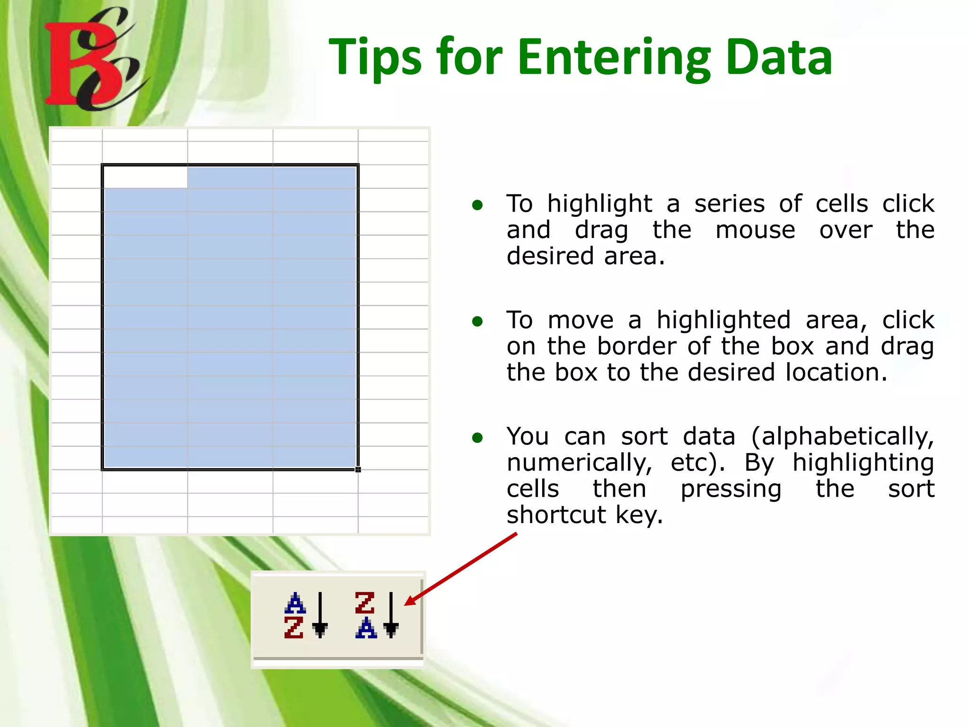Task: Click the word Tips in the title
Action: point(374,58)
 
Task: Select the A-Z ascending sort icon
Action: point(305,615)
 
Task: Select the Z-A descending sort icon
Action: point(376,615)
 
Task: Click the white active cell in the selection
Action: point(145,177)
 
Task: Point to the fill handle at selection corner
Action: point(358,470)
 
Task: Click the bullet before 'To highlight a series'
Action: point(477,205)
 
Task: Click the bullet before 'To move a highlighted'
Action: point(477,322)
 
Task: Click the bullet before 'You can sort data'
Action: point(477,438)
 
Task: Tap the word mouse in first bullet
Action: point(755,231)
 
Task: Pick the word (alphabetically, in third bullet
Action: point(842,436)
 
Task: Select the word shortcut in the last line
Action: point(556,515)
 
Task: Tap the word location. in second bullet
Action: point(836,372)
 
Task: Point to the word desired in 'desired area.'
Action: point(550,257)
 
